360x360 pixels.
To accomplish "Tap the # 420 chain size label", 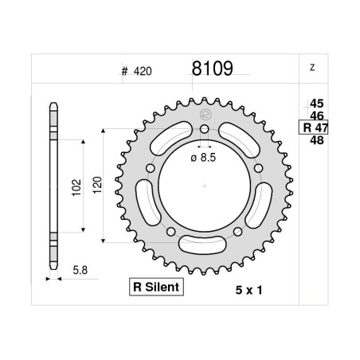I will pyautogui.click(x=137, y=71).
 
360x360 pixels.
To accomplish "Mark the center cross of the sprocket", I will pyautogui.click(x=205, y=186).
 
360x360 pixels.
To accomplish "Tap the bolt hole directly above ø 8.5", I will pyautogui.click(x=205, y=129).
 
